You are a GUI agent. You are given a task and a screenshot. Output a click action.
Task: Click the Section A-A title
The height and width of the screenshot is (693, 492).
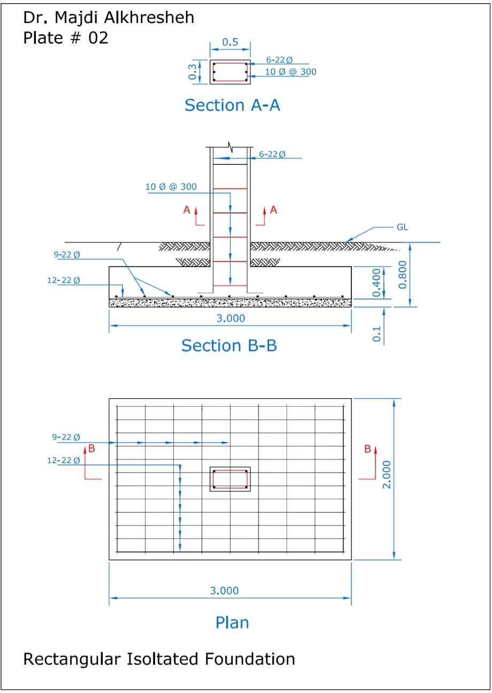click(x=232, y=105)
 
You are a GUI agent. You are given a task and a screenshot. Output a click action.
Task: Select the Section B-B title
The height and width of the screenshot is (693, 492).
click(x=229, y=345)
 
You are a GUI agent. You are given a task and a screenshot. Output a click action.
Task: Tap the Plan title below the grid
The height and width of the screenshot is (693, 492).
click(x=232, y=622)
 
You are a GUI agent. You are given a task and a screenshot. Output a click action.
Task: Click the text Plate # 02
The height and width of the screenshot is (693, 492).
click(x=65, y=38)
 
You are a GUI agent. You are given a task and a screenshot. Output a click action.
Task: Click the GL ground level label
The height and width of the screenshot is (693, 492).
click(x=402, y=227)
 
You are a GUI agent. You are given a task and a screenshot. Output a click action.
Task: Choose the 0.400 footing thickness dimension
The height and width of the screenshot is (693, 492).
click(x=377, y=283)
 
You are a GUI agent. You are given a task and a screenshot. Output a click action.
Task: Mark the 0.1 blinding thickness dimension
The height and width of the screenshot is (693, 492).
click(x=377, y=334)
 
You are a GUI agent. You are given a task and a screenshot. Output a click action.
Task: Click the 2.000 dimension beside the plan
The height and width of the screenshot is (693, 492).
click(x=387, y=474)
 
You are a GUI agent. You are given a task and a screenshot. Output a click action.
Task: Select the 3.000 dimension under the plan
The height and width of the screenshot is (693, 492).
click(x=224, y=591)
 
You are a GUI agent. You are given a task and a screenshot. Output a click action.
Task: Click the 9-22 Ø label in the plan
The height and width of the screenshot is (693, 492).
click(x=66, y=437)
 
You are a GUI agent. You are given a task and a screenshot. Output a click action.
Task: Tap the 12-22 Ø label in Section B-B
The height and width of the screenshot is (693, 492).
click(x=63, y=280)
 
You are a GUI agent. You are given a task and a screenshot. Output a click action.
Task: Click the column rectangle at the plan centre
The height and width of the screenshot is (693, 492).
click(x=230, y=479)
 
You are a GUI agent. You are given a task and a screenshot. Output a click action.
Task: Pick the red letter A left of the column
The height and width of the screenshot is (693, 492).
click(x=187, y=210)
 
